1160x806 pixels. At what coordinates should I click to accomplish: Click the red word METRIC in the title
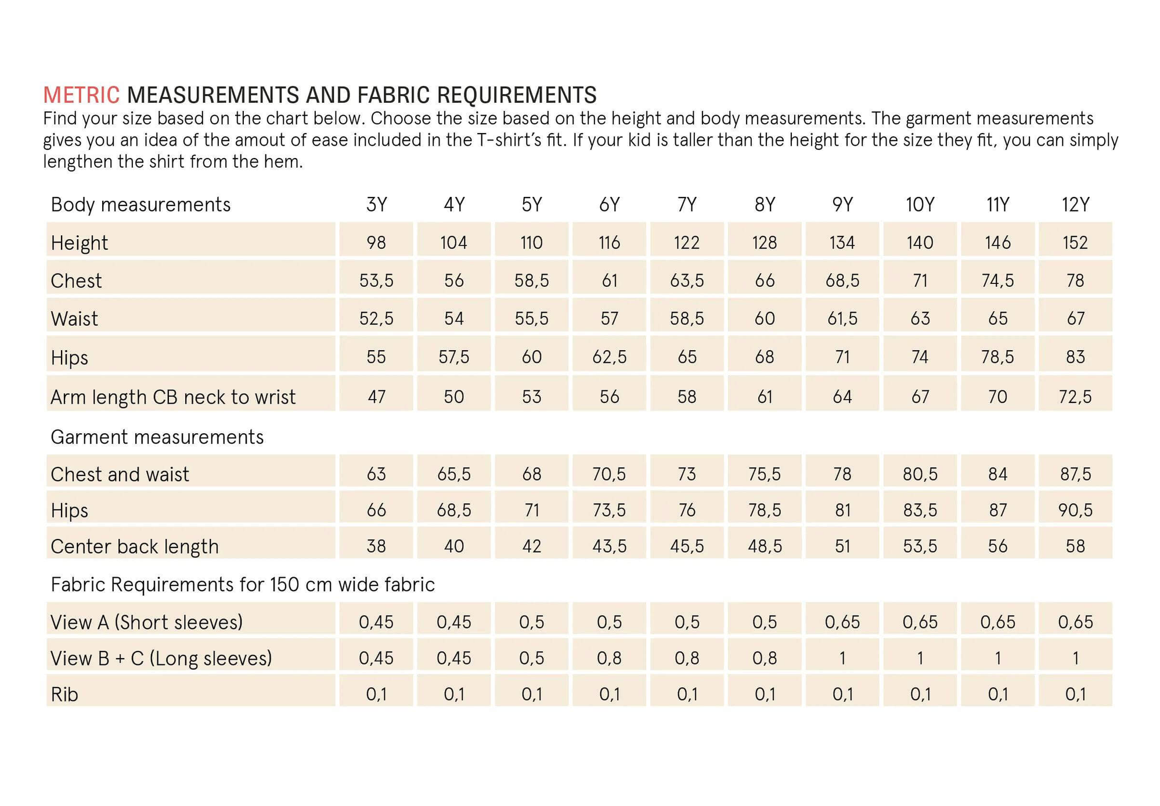81,95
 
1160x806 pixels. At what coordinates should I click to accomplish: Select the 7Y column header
687,204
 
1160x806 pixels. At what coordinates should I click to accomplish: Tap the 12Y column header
1075,204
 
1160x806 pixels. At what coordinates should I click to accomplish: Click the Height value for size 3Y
376,242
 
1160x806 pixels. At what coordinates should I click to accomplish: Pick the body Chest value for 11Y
997,280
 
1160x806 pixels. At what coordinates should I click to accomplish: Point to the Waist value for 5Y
531,318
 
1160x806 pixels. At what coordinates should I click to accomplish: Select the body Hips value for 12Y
1075,357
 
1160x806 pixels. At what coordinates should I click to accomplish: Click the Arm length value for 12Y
1075,397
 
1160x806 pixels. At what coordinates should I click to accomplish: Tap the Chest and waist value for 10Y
920,474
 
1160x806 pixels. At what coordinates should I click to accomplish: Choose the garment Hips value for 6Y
609,510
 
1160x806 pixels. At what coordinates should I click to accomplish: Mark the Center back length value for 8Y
764,546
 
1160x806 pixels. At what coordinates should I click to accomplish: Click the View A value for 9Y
842,622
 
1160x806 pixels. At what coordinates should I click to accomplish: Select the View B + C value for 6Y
609,658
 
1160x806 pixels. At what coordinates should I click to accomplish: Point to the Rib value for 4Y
453,694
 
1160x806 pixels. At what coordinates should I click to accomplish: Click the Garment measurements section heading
157,437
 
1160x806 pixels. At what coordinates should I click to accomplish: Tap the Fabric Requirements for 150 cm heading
243,584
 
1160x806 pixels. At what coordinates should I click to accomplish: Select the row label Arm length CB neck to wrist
173,397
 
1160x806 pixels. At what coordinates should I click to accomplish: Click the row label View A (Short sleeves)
146,623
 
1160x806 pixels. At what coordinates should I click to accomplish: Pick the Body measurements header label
141,205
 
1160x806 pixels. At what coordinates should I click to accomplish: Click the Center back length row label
135,546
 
